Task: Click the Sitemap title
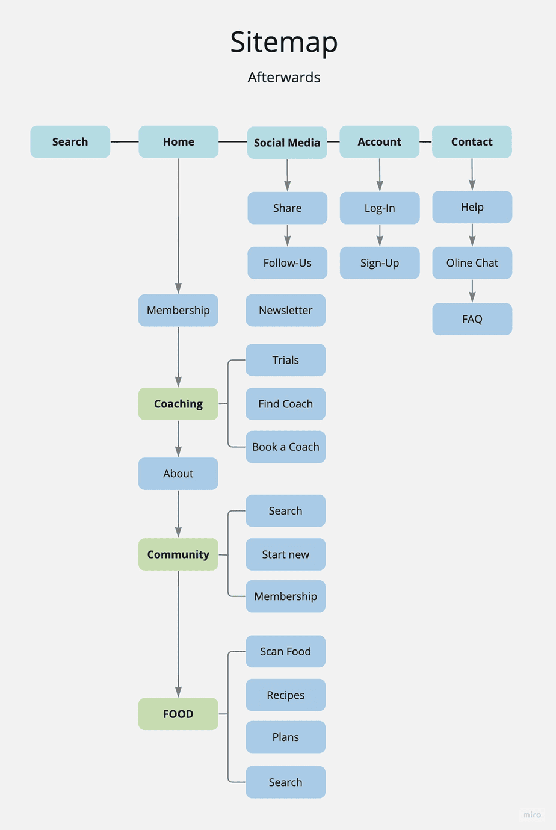[283, 42]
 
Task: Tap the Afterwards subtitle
[284, 77]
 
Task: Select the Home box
[179, 142]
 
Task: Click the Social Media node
[287, 143]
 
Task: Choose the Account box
[380, 142]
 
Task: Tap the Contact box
[472, 142]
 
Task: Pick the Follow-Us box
[287, 263]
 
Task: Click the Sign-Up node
[380, 263]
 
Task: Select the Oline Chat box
[472, 263]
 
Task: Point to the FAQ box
[472, 319]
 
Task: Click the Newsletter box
[286, 311]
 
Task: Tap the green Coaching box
[178, 404]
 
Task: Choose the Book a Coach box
[286, 447]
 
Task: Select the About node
[178, 474]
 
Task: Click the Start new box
[286, 554]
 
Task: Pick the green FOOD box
[178, 714]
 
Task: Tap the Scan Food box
[286, 652]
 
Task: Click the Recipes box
[286, 695]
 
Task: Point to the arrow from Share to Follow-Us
[288, 235]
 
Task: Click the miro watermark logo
[532, 815]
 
